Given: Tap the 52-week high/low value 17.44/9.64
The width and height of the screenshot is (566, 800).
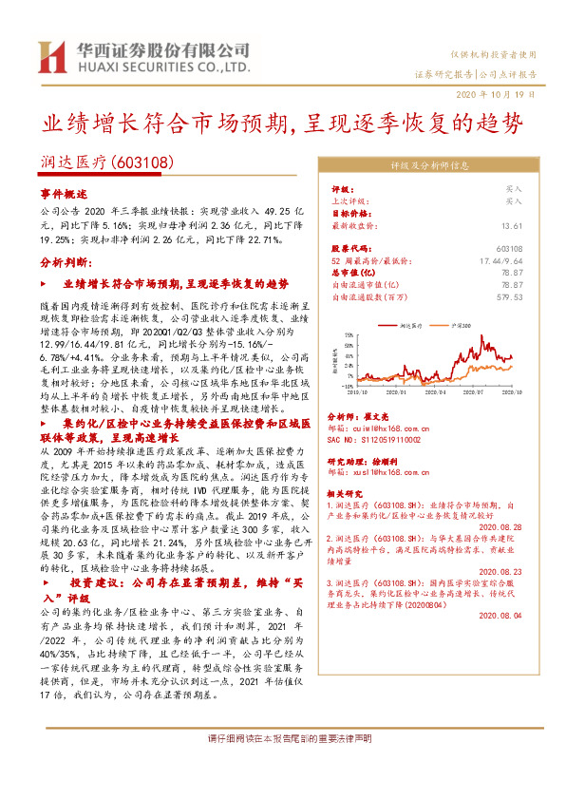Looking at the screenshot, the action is click(x=500, y=259).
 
